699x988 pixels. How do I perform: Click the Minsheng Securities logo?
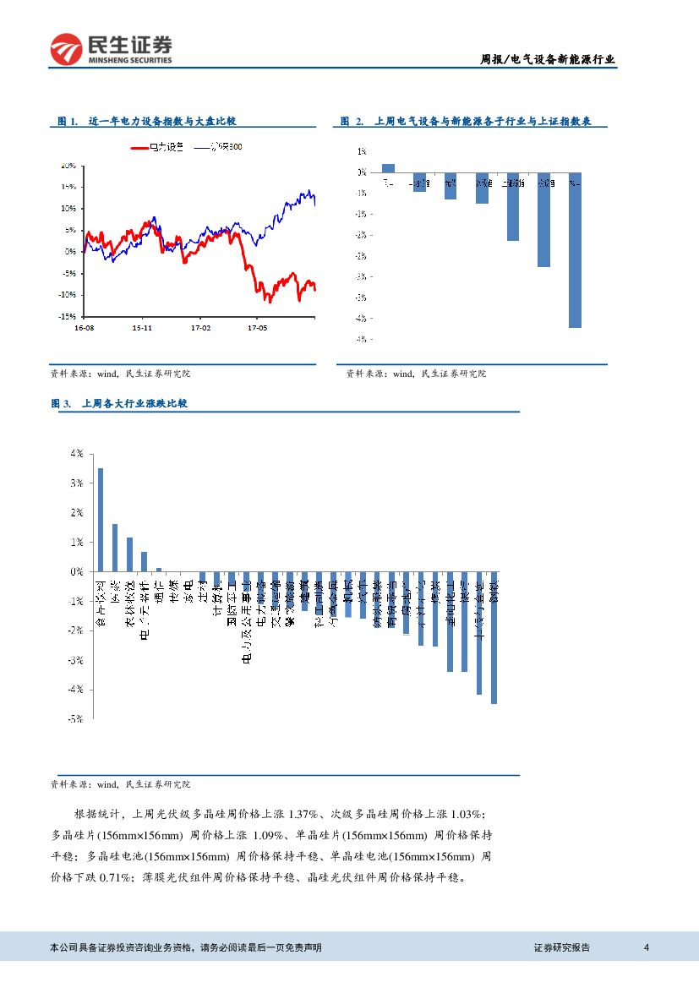tap(111, 49)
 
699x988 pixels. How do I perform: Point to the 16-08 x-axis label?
tap(85, 326)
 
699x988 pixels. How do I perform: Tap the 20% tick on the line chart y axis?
tap(68, 166)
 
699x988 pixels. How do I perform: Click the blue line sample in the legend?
tap(206, 146)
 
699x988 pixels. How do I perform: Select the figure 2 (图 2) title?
tap(472, 122)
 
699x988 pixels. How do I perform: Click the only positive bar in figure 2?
tap(388, 167)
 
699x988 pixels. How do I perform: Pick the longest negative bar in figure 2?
tap(575, 249)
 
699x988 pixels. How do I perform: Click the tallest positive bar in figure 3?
tap(101, 520)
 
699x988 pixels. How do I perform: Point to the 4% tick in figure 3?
tap(76, 454)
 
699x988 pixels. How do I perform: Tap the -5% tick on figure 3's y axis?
tap(74, 719)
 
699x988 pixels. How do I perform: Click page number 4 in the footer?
tap(646, 947)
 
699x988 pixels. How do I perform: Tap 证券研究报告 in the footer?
tap(562, 947)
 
